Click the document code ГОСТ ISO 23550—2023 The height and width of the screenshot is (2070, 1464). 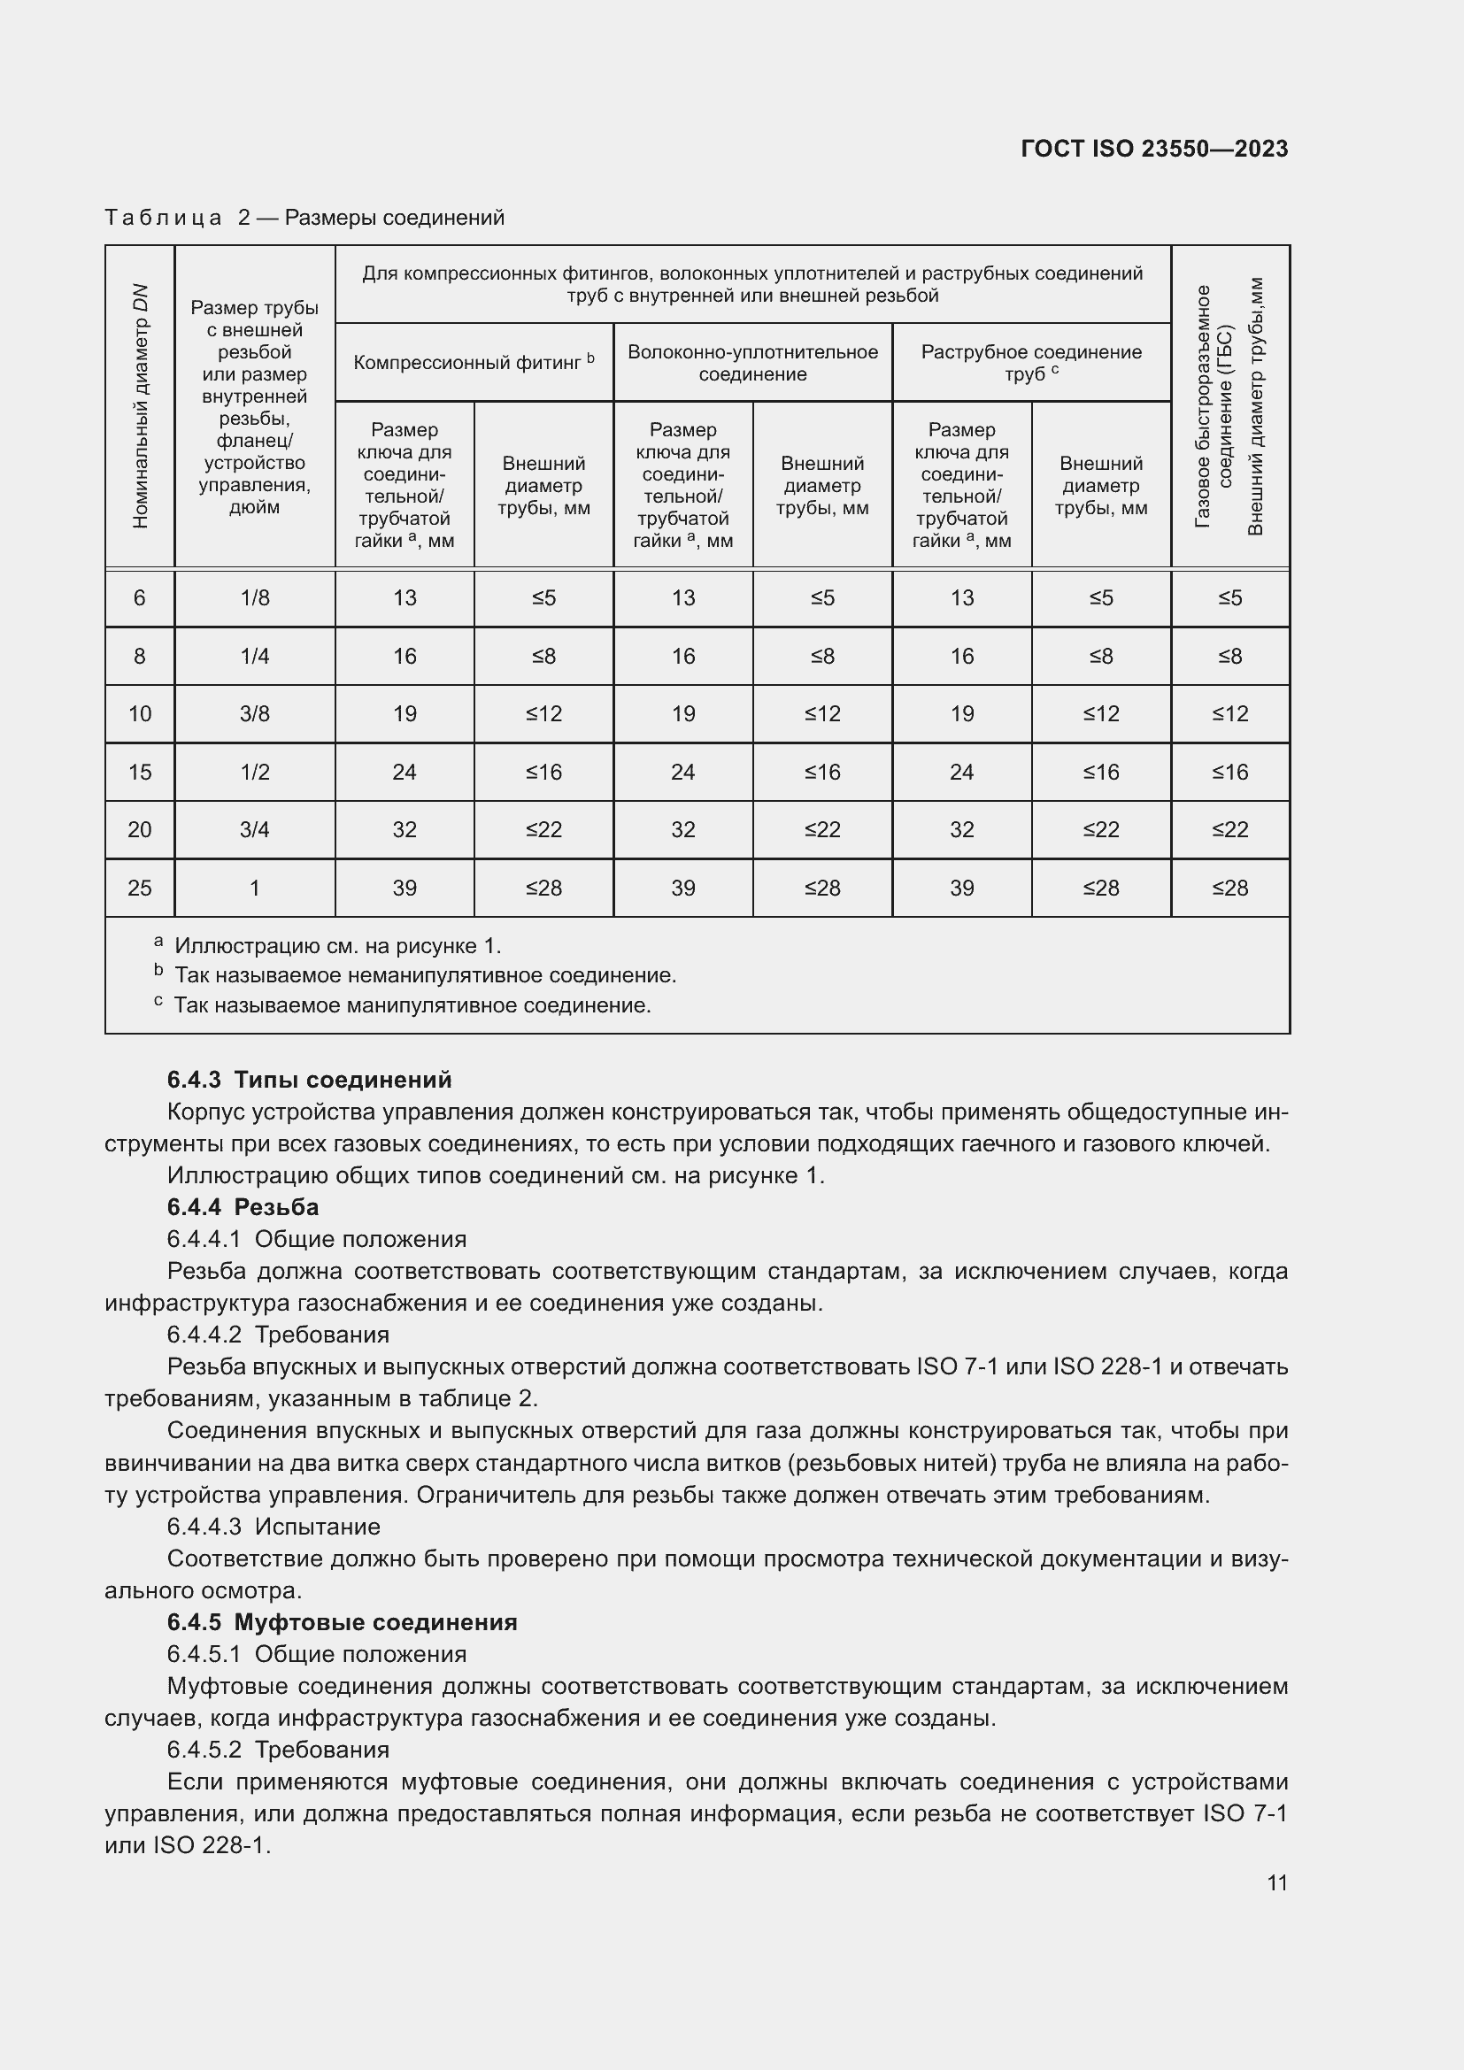(x=1154, y=149)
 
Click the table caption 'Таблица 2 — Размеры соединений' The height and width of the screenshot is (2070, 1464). (x=304, y=218)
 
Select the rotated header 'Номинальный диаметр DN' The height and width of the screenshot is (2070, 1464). (x=140, y=405)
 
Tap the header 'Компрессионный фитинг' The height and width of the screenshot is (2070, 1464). (x=474, y=362)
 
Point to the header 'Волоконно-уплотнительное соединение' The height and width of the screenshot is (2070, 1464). (x=751, y=363)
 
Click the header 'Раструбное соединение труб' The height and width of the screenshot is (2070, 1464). (x=1030, y=363)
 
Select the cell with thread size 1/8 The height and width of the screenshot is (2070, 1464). (x=254, y=597)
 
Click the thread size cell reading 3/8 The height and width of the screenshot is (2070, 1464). (x=254, y=714)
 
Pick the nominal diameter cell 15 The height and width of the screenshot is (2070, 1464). (x=140, y=772)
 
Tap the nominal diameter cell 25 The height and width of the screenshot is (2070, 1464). (x=140, y=888)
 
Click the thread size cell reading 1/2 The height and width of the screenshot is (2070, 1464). (x=254, y=772)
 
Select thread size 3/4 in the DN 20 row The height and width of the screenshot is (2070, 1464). (x=254, y=829)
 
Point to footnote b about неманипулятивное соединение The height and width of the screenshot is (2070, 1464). (x=424, y=975)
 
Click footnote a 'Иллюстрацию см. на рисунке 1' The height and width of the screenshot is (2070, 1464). (x=337, y=946)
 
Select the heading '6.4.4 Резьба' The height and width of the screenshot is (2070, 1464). (x=243, y=1206)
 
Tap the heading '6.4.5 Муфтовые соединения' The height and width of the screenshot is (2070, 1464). (x=342, y=1622)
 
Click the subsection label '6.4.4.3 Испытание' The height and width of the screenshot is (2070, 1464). (x=274, y=1527)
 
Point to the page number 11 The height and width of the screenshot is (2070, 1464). (x=1276, y=1882)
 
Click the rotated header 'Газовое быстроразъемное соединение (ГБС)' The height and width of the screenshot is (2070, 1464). (x=1214, y=405)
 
